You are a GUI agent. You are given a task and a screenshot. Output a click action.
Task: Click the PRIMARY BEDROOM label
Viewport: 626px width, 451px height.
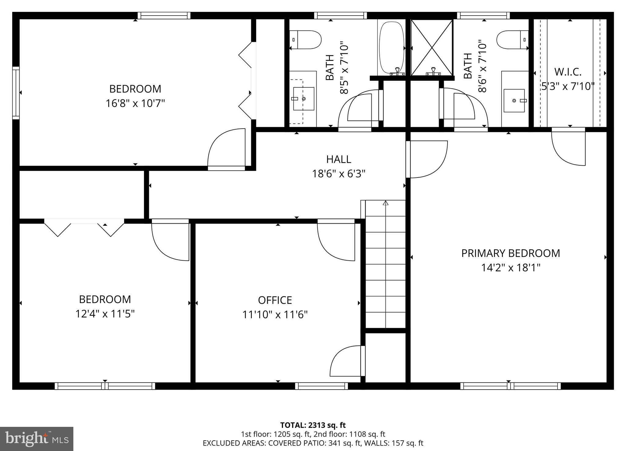510,253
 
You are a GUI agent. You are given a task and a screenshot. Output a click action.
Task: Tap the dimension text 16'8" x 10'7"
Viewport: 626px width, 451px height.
135,104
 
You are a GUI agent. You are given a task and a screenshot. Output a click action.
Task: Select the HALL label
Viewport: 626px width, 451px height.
338,159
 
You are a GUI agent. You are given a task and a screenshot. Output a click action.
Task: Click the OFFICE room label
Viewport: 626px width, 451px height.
275,300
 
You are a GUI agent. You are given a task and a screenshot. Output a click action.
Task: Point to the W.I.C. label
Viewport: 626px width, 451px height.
568,72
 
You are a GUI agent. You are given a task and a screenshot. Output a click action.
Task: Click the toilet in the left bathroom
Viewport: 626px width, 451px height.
305,40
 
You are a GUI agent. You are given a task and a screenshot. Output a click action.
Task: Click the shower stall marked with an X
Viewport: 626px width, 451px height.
431,47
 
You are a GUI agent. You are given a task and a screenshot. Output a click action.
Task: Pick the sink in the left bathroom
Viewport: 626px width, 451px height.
303,99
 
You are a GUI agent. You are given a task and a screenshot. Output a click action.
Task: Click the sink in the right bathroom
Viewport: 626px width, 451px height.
514,100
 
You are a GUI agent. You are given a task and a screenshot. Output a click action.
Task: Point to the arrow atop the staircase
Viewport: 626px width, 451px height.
385,203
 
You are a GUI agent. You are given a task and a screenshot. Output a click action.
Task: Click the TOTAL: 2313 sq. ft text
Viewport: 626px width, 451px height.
313,425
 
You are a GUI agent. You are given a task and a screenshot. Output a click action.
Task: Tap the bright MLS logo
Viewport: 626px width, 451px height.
36,439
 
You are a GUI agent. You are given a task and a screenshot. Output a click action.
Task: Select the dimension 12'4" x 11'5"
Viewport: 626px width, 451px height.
105,314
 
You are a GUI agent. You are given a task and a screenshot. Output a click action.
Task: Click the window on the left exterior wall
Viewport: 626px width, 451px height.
16,93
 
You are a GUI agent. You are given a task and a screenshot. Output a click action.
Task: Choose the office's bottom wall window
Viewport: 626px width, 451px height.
321,386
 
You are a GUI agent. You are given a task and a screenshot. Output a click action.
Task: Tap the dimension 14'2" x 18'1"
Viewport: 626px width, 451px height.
510,268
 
